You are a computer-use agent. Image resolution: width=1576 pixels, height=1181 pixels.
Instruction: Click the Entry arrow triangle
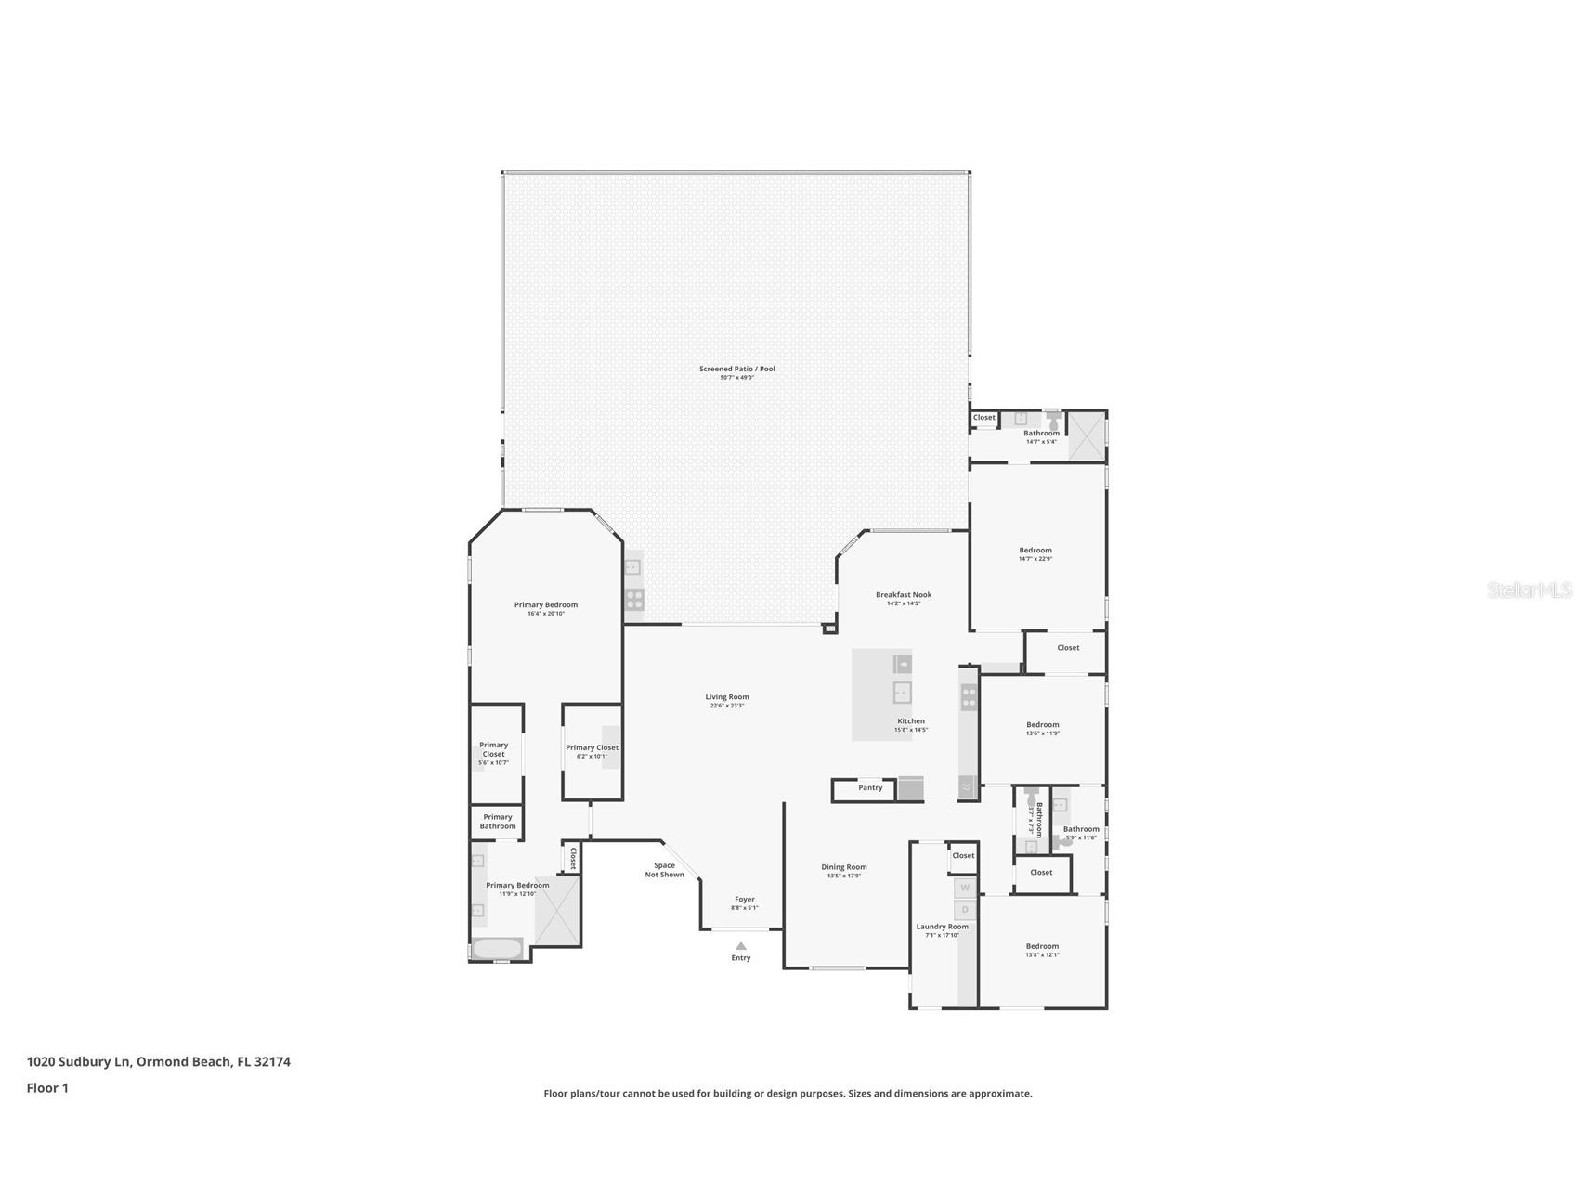[740, 946]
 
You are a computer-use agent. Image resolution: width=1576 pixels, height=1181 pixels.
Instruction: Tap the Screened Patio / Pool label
[736, 369]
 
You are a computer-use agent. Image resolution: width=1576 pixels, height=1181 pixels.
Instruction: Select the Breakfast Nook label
[903, 595]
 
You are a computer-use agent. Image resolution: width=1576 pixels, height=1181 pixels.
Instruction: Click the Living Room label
[726, 697]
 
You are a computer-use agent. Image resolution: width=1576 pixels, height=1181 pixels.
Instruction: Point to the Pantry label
[870, 788]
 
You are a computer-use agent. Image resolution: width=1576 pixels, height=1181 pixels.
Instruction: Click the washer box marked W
[965, 888]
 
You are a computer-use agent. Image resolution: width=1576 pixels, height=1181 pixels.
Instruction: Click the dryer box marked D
[965, 910]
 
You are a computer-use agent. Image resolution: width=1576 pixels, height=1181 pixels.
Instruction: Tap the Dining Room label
[843, 867]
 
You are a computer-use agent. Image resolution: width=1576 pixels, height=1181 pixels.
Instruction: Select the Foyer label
[744, 899]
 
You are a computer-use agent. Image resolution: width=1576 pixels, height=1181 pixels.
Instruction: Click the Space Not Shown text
[664, 870]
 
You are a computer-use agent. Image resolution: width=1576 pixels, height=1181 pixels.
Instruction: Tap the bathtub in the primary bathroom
[498, 949]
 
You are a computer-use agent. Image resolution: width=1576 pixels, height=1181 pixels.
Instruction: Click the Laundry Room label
[942, 927]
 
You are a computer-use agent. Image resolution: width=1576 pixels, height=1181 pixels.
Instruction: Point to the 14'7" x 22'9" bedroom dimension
[1035, 559]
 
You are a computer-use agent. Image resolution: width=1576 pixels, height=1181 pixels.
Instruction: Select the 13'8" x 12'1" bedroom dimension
[1042, 955]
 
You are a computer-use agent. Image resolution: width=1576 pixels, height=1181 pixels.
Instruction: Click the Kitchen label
[910, 721]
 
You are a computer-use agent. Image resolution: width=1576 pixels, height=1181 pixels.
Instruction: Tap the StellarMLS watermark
[1529, 590]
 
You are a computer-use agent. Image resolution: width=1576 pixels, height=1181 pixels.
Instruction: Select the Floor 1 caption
[47, 1088]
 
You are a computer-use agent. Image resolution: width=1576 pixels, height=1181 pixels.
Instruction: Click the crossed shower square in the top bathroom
[1087, 435]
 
